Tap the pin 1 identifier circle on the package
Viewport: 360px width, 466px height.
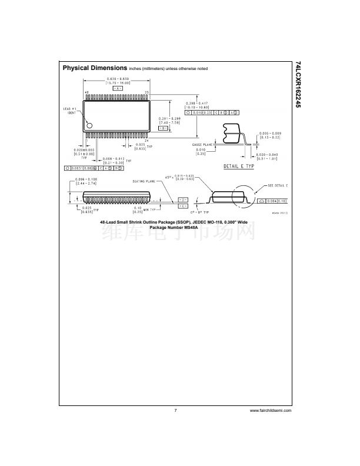(x=89, y=125)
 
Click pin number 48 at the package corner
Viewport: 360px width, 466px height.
(x=87, y=93)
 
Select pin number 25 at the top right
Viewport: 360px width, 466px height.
(x=146, y=93)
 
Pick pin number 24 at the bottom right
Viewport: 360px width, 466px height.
(x=146, y=140)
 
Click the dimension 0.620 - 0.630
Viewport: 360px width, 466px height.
(x=118, y=79)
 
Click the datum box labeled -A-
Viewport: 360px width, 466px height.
(x=118, y=88)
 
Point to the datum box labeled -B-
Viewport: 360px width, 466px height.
(x=163, y=128)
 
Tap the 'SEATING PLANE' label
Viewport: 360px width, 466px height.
(x=144, y=181)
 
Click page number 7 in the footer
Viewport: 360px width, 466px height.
(x=175, y=410)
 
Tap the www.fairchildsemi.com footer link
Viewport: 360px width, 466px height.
(x=271, y=410)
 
